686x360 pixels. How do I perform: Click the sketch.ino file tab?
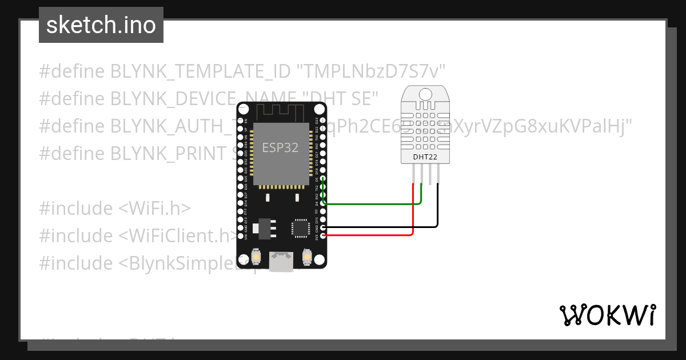point(101,25)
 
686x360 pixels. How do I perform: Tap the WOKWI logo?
point(607,315)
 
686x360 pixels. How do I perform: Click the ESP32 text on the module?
point(280,147)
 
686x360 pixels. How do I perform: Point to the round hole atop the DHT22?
point(425,93)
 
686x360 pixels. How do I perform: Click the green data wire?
point(372,203)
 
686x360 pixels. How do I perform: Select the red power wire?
point(372,235)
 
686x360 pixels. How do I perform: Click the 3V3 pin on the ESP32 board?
point(324,235)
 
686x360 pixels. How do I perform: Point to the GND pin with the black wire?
point(324,227)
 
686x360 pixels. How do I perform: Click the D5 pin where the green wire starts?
point(324,179)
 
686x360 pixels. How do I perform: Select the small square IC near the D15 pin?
point(300,227)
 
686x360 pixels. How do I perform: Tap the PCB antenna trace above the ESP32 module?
point(280,112)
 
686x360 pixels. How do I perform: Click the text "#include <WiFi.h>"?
point(115,209)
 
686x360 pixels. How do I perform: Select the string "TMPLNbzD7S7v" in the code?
point(371,71)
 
